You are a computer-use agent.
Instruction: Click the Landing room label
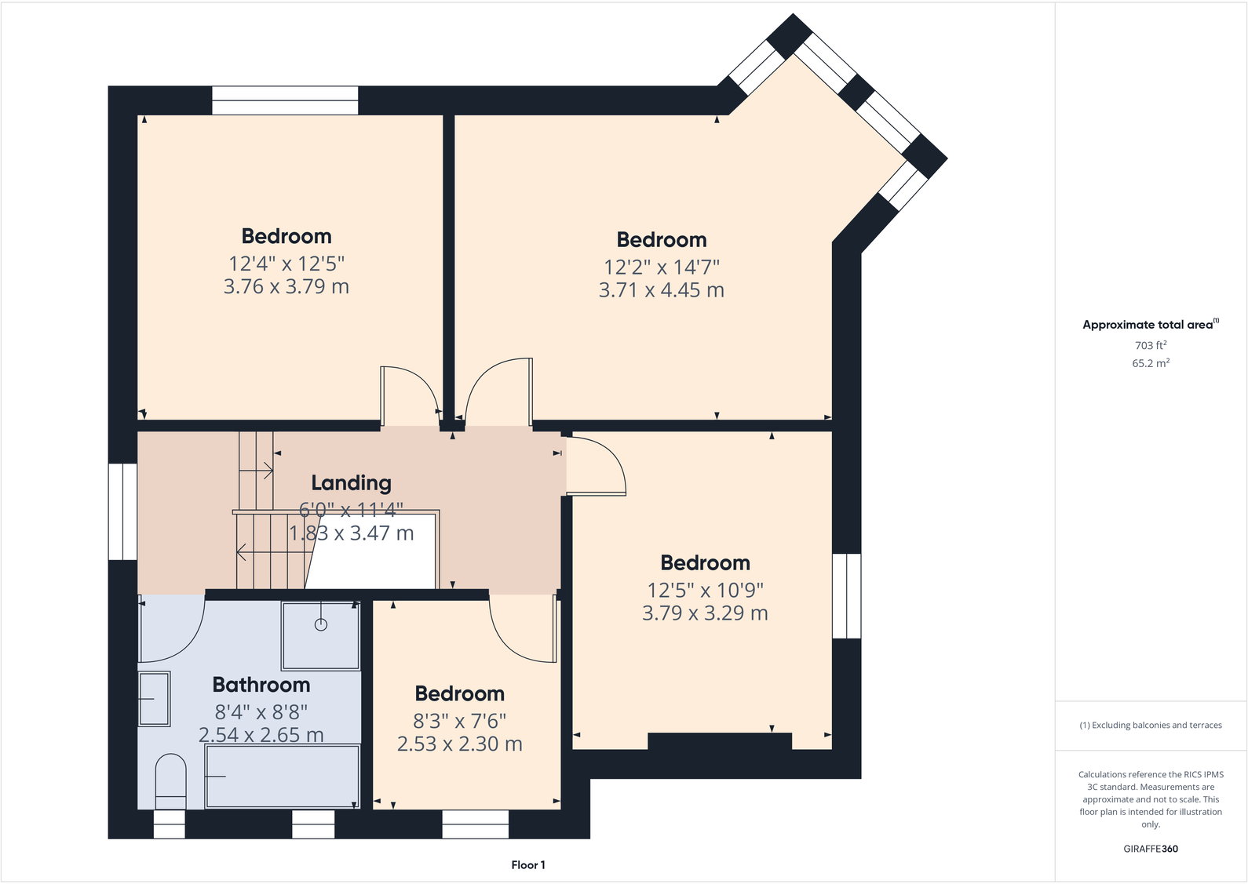(351, 483)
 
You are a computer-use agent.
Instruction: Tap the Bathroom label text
(261, 685)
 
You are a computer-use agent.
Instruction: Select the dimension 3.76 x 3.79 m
(286, 287)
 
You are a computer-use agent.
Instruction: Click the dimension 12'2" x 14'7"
(662, 267)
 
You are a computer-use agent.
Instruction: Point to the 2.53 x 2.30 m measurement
(459, 744)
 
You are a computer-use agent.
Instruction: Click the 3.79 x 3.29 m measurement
(705, 613)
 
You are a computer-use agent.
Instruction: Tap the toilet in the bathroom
(170, 780)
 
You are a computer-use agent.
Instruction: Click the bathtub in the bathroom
(283, 776)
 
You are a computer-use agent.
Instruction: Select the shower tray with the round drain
(320, 635)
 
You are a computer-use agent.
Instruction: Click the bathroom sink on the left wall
(154, 698)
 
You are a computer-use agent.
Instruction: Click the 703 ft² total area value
(1151, 345)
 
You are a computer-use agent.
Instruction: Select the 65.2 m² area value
(1151, 363)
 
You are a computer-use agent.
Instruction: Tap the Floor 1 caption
(527, 865)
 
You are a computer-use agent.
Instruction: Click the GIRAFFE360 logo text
(1151, 849)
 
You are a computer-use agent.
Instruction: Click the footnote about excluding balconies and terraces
(1151, 726)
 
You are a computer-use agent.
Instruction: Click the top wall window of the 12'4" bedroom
(285, 100)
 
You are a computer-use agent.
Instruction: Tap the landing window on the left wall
(122, 511)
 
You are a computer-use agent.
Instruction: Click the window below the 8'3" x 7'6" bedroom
(475, 824)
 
